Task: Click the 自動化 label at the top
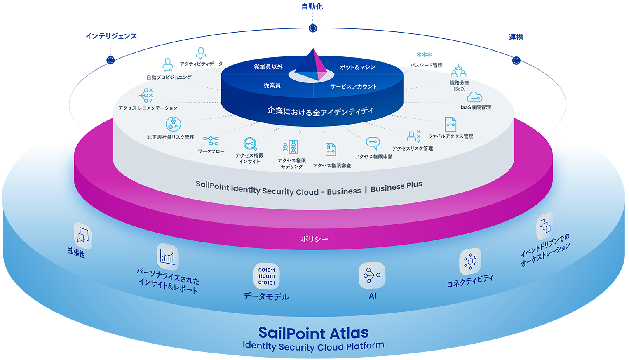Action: pos(312,7)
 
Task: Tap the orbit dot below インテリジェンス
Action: pos(110,60)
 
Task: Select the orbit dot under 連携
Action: pos(516,61)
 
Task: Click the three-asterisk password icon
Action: pos(424,54)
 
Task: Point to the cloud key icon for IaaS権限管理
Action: pos(474,97)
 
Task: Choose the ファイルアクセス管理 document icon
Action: pos(451,124)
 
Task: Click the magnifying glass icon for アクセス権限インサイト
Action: pos(250,144)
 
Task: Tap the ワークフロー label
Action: pos(211,151)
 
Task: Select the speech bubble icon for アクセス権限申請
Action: pos(373,144)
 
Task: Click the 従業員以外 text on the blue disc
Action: pos(268,67)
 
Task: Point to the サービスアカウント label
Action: pos(354,87)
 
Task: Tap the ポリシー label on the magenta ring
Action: pos(314,239)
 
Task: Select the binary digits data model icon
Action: pos(267,276)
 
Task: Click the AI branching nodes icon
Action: pos(372,275)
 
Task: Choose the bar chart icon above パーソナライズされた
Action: pos(168,257)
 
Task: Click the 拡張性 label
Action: pos(76,252)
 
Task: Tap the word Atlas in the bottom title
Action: pos(349,333)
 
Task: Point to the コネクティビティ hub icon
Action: pos(470,261)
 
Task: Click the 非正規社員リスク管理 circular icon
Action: pos(173,124)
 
